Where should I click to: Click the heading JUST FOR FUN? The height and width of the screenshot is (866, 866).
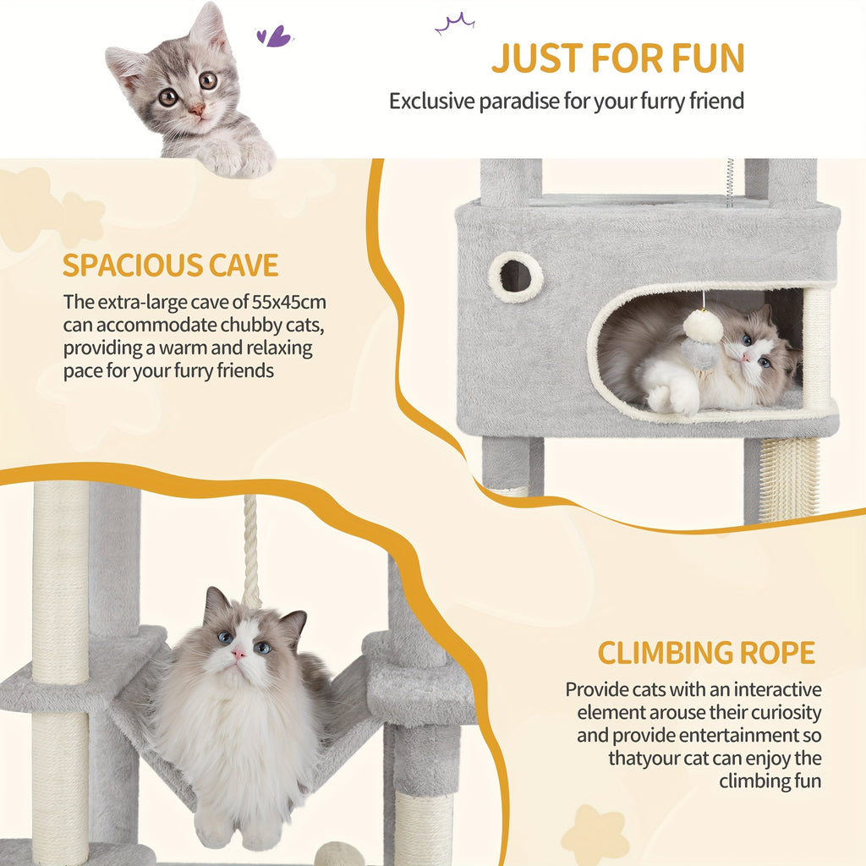point(618,58)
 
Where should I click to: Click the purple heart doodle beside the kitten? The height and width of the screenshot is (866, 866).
point(274,36)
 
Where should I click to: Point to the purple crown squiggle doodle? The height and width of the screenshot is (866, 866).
point(454,23)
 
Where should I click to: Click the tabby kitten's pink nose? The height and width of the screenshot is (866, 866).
point(196,110)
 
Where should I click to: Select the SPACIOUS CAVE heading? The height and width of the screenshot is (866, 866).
point(170,265)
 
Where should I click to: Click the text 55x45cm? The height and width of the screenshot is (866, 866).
point(289,302)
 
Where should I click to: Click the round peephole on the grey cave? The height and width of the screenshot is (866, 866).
point(516,277)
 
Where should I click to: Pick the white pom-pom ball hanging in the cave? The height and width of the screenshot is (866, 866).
point(703,327)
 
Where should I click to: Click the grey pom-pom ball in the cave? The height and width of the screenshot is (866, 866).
point(699,354)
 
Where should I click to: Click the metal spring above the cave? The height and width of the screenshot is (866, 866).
point(730,183)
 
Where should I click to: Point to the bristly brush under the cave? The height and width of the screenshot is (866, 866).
point(789,480)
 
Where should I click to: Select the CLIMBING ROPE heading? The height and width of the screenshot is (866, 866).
point(706,653)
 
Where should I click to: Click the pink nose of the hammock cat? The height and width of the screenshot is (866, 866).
point(238,655)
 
